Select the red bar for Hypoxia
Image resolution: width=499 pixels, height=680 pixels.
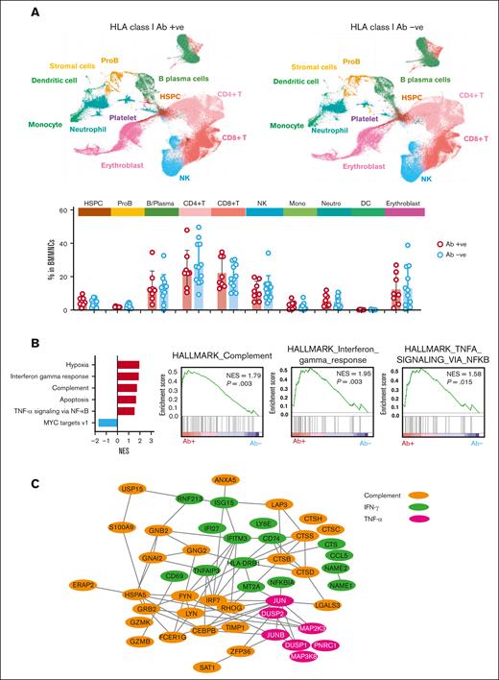coord(128,365)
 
